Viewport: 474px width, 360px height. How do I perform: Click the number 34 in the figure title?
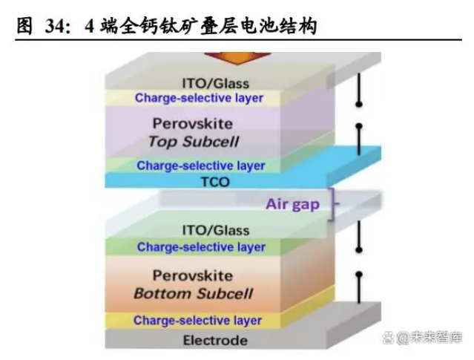point(55,26)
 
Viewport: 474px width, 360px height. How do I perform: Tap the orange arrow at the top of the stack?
point(237,58)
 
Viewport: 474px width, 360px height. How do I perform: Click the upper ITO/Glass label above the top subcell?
point(216,83)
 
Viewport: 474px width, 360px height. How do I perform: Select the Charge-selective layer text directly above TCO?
point(201,166)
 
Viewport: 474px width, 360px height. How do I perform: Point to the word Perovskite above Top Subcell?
point(193,124)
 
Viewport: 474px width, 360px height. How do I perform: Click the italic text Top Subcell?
point(194,142)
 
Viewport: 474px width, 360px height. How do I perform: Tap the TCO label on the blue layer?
point(215,182)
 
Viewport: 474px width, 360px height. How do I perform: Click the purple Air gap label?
point(292,205)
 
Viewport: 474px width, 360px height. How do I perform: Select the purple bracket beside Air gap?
point(333,204)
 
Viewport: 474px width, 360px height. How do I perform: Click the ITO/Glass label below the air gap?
point(216,231)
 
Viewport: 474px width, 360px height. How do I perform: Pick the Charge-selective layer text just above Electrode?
point(197,321)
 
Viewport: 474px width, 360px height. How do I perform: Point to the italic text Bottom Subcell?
point(193,294)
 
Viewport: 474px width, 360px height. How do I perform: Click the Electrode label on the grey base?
point(215,341)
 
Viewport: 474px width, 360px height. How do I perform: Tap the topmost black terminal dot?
point(359,105)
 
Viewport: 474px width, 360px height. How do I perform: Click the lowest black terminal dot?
point(359,275)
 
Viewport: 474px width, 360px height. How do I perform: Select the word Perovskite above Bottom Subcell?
point(193,276)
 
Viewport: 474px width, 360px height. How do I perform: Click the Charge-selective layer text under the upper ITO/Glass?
point(199,98)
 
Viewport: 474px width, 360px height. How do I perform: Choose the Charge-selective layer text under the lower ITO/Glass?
point(201,247)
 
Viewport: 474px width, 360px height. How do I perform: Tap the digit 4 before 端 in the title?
point(90,26)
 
